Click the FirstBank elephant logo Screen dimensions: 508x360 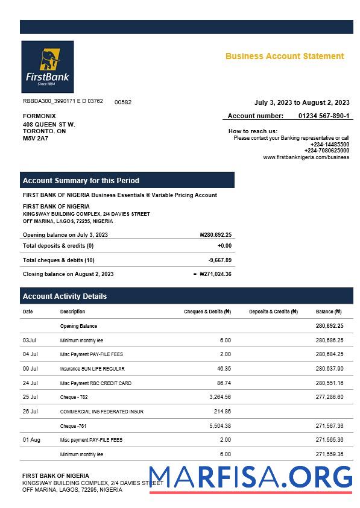coord(47,66)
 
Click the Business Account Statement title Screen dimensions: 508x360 coord(285,56)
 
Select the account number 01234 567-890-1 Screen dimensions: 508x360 coord(323,116)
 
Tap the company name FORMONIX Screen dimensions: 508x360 coord(39,116)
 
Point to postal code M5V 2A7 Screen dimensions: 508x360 coord(35,139)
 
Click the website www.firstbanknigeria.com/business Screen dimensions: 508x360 coord(306,157)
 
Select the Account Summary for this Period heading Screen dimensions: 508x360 coord(81,180)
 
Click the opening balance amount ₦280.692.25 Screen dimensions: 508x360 coord(215,235)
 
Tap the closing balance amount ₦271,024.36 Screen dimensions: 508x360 coord(215,274)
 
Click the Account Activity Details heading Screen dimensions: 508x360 coord(65,296)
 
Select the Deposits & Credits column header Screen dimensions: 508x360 coord(273,312)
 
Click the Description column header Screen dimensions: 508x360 coord(72,312)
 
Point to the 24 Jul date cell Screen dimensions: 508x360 coord(30,383)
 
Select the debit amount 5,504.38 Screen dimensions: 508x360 coord(218,426)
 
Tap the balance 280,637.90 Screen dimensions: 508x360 coord(329,369)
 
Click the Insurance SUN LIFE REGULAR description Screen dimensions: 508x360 coord(92,369)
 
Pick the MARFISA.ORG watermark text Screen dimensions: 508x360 coord(250,477)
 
